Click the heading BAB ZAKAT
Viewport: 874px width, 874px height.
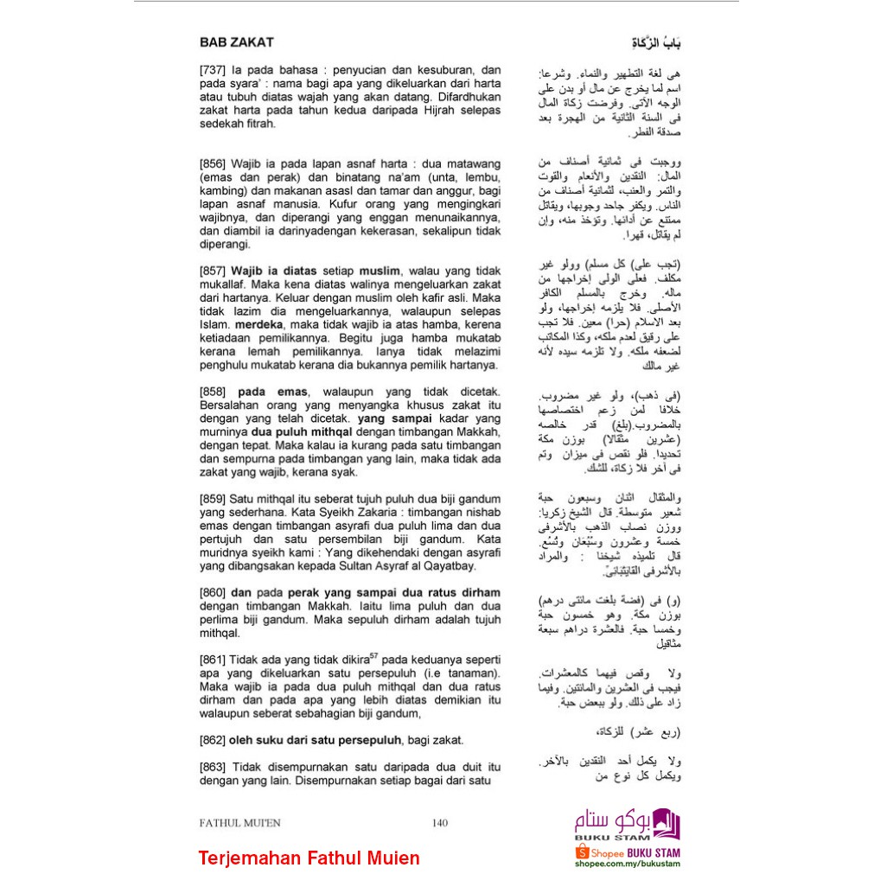pyautogui.click(x=236, y=41)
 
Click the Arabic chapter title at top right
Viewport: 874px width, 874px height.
pyautogui.click(x=655, y=42)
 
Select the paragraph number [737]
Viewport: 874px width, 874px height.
pyautogui.click(x=213, y=70)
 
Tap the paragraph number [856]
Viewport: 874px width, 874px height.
pyautogui.click(x=213, y=163)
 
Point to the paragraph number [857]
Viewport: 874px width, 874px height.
pyautogui.click(x=213, y=271)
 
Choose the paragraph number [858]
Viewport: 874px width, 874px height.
pyautogui.click(x=213, y=392)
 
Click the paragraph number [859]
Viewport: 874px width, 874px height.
pyautogui.click(x=213, y=499)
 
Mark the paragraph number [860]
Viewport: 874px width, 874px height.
pyautogui.click(x=213, y=592)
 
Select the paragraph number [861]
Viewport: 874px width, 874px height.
pyautogui.click(x=213, y=659)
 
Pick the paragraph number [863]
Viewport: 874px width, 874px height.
pyautogui.click(x=213, y=766)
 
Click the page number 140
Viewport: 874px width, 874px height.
pyautogui.click(x=439, y=823)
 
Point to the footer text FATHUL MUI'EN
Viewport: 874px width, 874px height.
pyautogui.click(x=239, y=823)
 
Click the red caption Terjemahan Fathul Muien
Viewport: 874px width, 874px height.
pyautogui.click(x=309, y=858)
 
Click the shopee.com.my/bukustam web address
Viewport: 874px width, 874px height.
pyautogui.click(x=627, y=864)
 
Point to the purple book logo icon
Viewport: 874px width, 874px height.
pyautogui.click(x=667, y=822)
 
